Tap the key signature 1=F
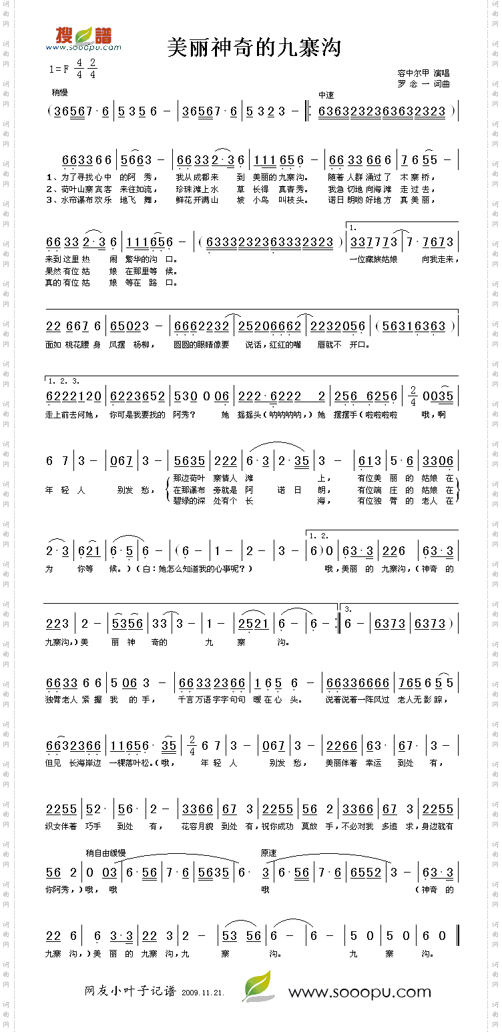[59, 69]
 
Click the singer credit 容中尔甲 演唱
[423, 73]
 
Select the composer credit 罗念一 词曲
[423, 84]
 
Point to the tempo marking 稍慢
[59, 92]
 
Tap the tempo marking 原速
[268, 853]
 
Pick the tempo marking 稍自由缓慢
[105, 853]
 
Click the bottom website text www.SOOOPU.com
[359, 992]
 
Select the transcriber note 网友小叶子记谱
[130, 991]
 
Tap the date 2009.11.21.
[202, 993]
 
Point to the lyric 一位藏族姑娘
[373, 260]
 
